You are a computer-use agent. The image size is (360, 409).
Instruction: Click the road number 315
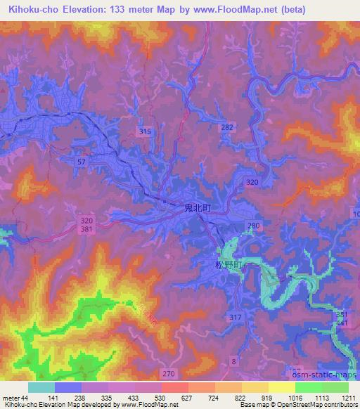(146, 131)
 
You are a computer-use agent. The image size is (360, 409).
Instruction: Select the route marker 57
(82, 162)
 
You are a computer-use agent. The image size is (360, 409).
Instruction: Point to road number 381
(86, 230)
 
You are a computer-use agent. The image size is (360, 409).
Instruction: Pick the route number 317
(235, 318)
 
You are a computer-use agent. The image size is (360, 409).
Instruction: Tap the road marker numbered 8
(234, 361)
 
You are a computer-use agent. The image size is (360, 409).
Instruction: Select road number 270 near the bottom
(186, 375)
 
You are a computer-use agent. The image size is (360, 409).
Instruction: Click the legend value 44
(25, 398)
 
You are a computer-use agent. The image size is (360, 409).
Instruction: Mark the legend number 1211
(349, 398)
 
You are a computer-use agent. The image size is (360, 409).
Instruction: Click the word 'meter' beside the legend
(11, 398)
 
